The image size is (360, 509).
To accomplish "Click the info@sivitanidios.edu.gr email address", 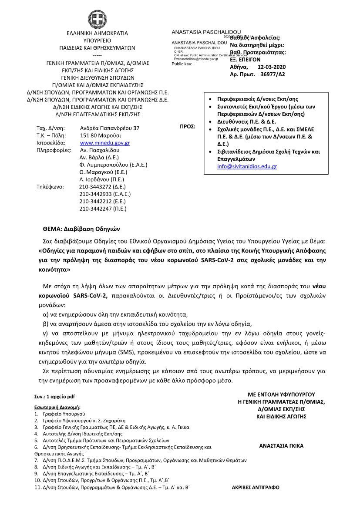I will tap(247, 166).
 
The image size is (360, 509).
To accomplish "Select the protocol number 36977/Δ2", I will tap(272, 74).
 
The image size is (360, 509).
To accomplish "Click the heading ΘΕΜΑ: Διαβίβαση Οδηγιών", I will tap(81, 228).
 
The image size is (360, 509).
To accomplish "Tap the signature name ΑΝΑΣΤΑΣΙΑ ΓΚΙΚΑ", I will tap(281, 446).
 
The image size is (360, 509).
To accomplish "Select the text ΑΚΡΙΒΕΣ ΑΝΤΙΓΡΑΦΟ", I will tap(257, 487).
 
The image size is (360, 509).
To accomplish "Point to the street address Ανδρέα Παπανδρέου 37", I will tap(110, 128).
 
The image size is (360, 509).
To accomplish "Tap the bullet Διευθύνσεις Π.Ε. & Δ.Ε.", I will tap(246, 121).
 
